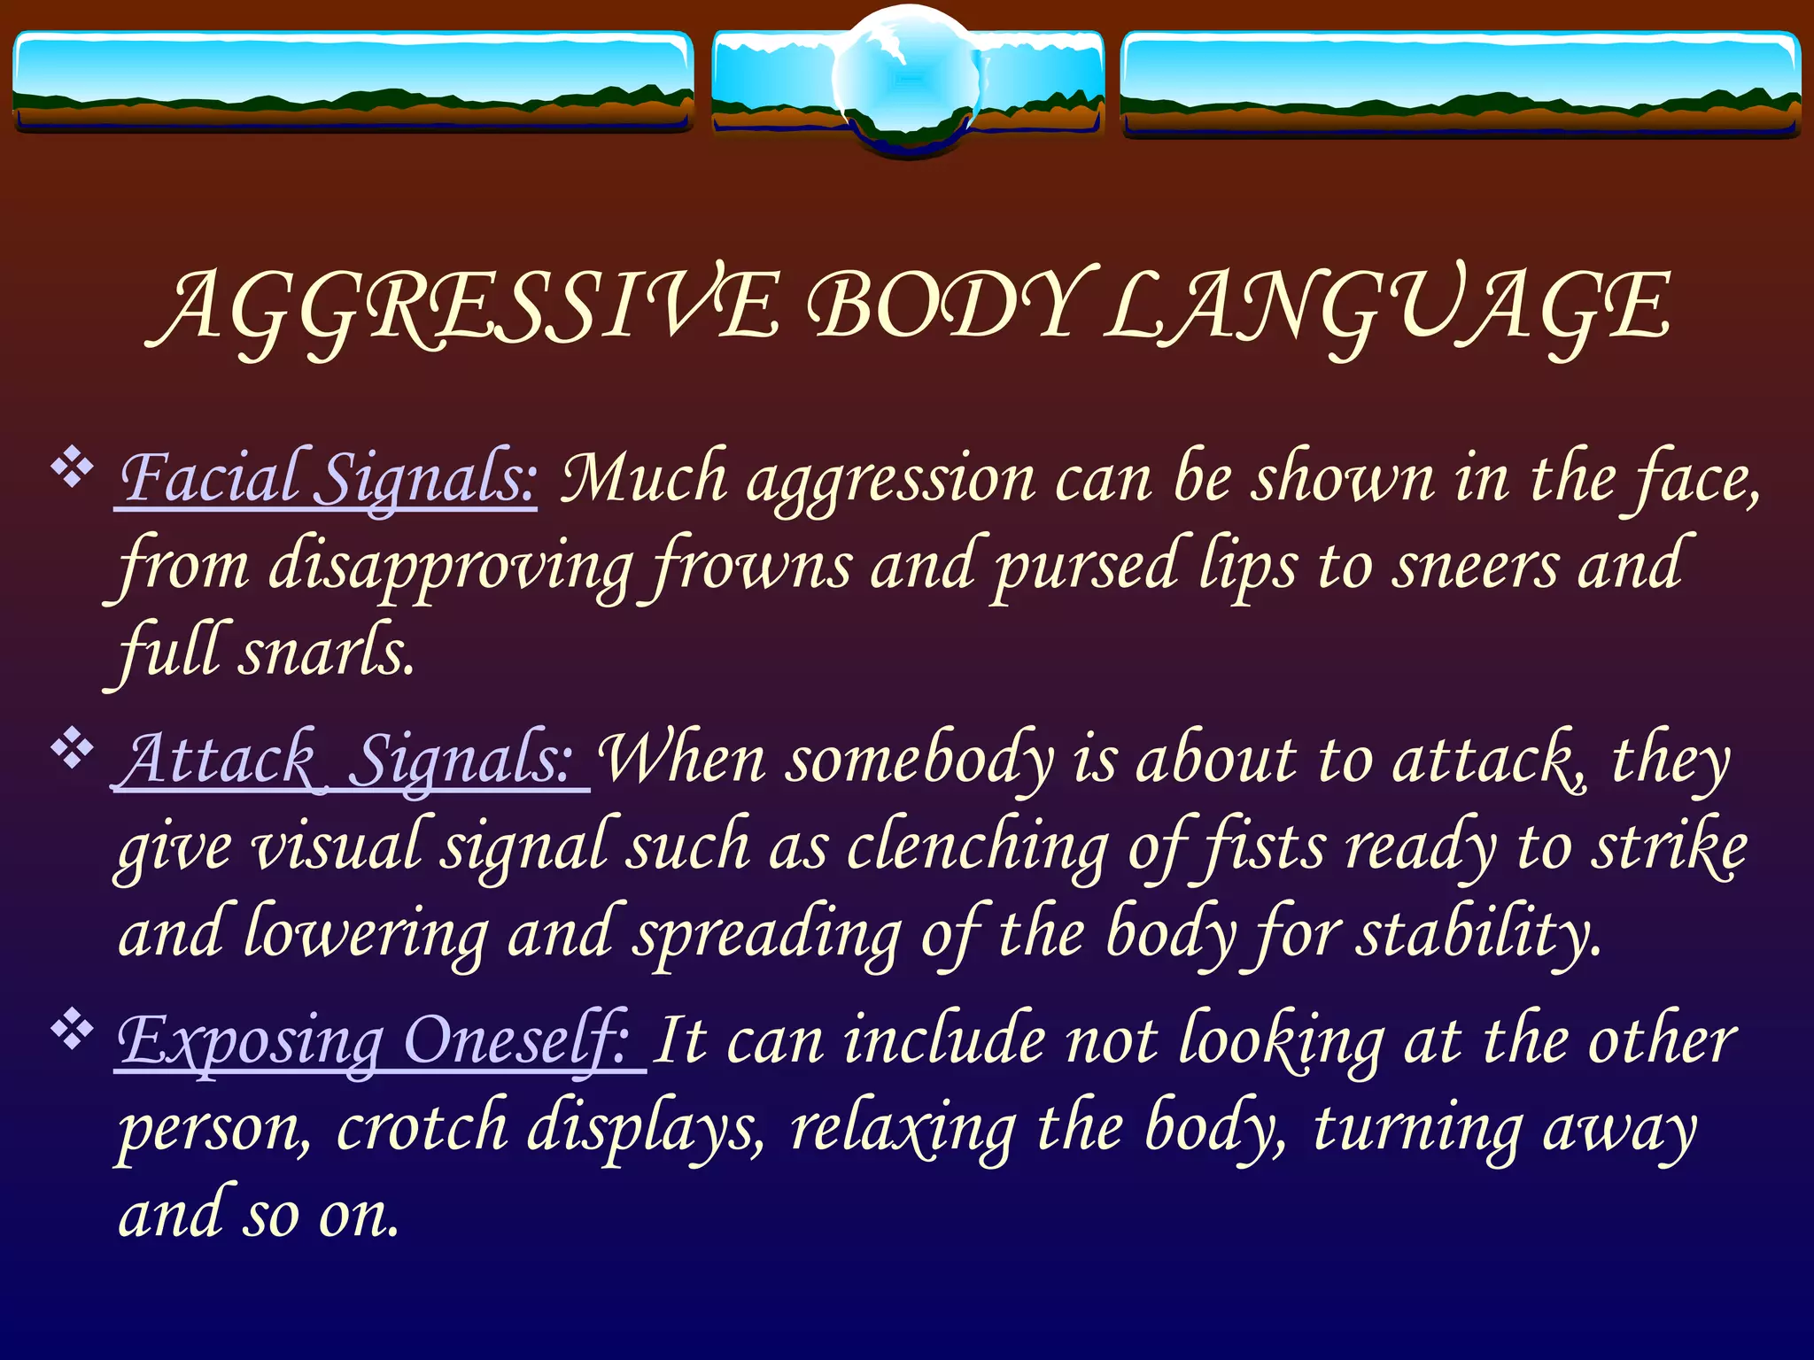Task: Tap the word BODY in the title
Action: (943, 305)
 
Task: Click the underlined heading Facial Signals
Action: (328, 479)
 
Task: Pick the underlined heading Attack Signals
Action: (350, 760)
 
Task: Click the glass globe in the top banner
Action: (907, 80)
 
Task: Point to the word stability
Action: (1479, 934)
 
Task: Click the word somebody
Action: (921, 760)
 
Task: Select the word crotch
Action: (422, 1127)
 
